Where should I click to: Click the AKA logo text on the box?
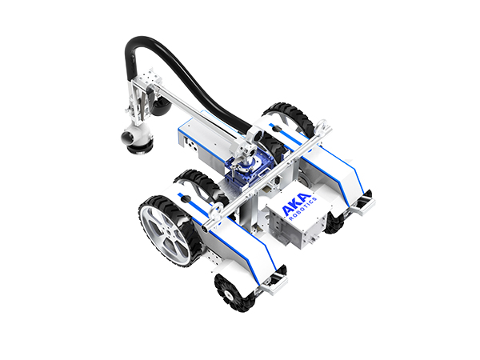296,204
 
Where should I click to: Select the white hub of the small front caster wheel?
228,295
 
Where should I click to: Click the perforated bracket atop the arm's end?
149,76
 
